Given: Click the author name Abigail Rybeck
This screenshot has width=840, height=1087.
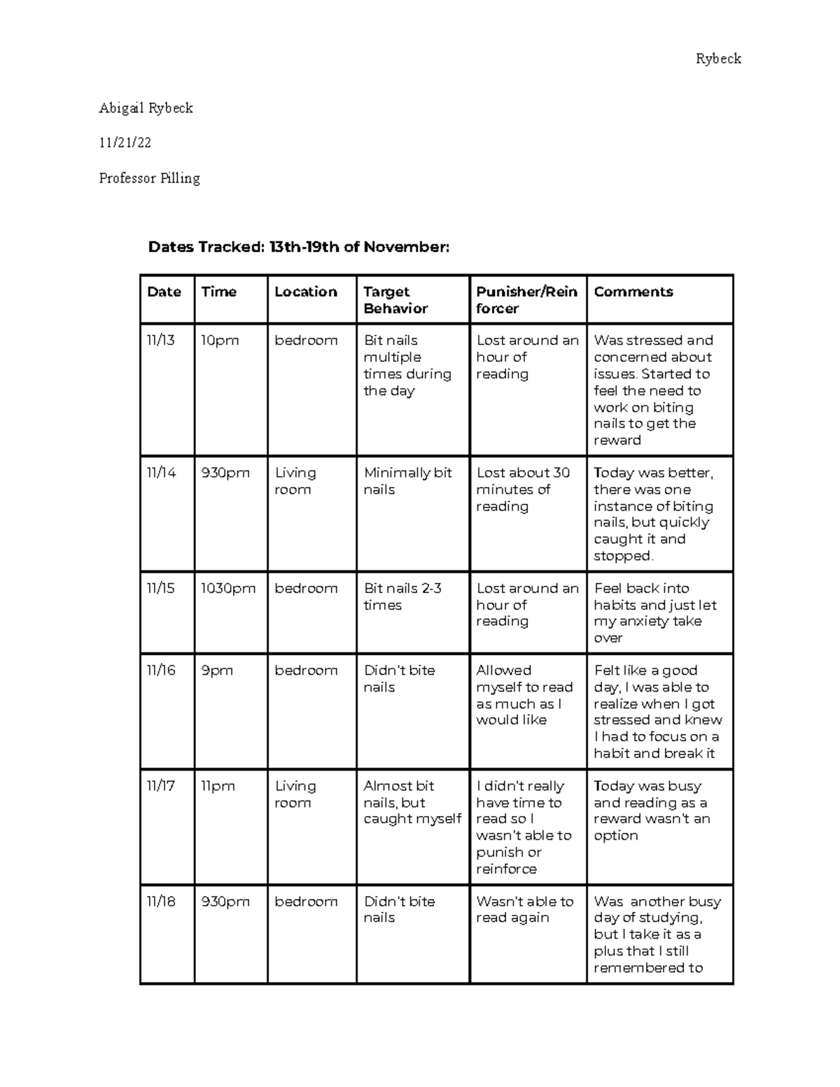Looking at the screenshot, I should click(x=146, y=108).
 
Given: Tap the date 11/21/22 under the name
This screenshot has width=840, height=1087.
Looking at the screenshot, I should click(x=125, y=143).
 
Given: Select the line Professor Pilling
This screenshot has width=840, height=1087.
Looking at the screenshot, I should click(x=149, y=178).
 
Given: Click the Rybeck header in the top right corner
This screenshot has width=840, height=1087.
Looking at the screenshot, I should click(x=718, y=59).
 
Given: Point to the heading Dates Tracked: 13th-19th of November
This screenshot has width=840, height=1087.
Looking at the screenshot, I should click(x=298, y=247).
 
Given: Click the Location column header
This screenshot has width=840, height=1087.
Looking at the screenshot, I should click(x=306, y=292).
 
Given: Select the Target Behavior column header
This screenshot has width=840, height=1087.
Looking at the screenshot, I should click(x=395, y=300).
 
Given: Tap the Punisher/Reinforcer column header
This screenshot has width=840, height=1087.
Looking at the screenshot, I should click(x=526, y=300).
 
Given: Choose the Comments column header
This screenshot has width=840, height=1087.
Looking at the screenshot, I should click(x=633, y=292).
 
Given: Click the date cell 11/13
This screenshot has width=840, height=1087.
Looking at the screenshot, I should click(x=160, y=341).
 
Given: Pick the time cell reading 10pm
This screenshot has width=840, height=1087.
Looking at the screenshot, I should click(x=220, y=341).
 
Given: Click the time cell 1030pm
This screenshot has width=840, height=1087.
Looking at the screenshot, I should click(x=228, y=589).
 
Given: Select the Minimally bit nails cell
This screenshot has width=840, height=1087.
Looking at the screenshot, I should click(x=407, y=482).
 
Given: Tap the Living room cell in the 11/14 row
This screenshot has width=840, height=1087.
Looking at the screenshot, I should click(x=295, y=482).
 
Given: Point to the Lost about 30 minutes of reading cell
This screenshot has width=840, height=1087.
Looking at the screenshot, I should click(x=523, y=489).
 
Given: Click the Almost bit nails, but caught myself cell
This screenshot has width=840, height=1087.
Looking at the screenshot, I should click(x=412, y=802).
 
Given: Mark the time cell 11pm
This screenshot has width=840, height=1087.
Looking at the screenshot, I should click(x=218, y=787).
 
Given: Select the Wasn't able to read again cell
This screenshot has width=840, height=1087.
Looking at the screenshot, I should click(x=524, y=909).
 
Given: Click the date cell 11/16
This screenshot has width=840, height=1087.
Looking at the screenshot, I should click(x=161, y=671).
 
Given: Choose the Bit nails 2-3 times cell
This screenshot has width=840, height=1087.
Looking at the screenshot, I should click(x=402, y=597).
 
